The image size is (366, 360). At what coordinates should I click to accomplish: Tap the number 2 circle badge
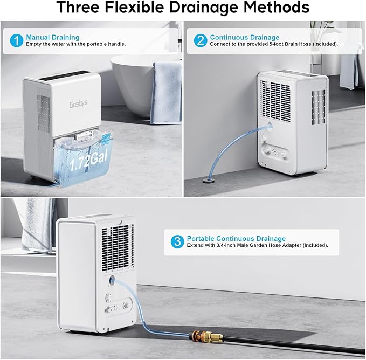(201, 41)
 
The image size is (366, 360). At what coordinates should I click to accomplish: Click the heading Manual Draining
(52, 37)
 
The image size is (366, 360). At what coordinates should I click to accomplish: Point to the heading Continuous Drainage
(245, 37)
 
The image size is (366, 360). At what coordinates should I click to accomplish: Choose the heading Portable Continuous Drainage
(236, 239)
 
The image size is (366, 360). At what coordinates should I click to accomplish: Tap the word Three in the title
(79, 8)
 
